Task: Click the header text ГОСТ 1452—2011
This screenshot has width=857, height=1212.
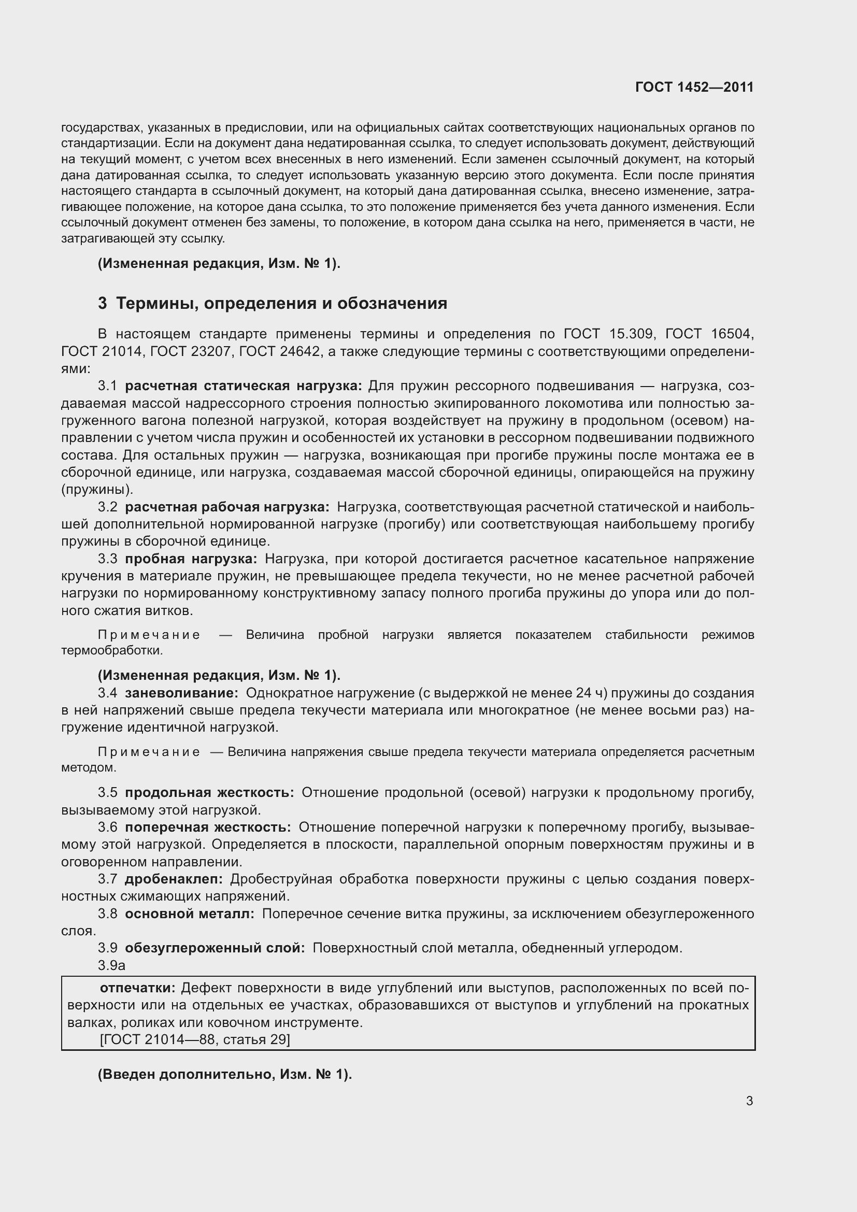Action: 694,87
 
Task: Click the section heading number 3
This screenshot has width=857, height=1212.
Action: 103,304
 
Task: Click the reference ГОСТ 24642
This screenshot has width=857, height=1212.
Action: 280,351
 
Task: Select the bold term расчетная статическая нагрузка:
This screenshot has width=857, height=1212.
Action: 244,386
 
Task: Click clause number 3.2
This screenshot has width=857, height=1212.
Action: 108,507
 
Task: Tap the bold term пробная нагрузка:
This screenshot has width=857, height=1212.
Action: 191,559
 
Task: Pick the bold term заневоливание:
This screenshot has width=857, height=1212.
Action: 181,693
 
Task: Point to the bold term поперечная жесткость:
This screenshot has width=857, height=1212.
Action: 208,827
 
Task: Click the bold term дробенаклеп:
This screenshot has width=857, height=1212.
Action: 174,879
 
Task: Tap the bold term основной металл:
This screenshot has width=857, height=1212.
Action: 190,914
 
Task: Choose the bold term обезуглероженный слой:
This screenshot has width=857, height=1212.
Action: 215,948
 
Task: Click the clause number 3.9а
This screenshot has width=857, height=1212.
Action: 111,965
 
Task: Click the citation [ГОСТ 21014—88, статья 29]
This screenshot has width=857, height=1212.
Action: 195,1039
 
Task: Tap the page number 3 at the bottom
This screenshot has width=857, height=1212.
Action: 749,1101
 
